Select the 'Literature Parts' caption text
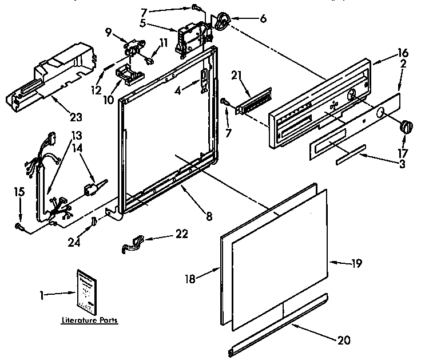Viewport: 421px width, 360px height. [x=90, y=321]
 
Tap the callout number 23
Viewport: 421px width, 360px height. [x=76, y=117]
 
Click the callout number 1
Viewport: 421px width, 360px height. [x=42, y=295]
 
